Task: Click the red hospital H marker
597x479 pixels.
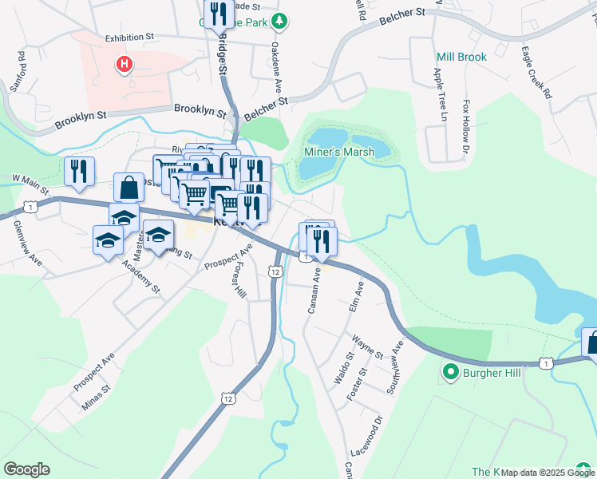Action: point(124,64)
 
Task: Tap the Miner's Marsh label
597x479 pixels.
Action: point(339,152)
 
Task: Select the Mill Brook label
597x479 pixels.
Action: point(461,57)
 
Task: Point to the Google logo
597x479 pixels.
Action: point(26,469)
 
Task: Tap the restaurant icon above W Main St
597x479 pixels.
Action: point(79,171)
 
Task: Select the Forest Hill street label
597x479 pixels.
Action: point(238,280)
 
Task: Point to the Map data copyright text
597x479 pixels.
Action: point(548,473)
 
